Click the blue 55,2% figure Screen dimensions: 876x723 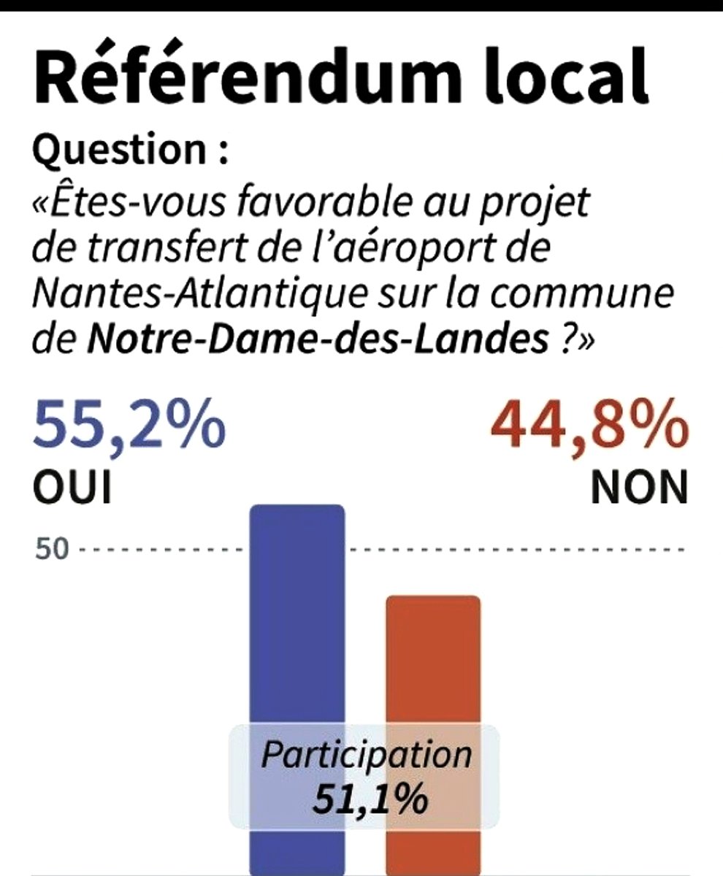(x=128, y=427)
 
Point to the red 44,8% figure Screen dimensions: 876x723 (x=589, y=427)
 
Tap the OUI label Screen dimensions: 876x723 (x=72, y=487)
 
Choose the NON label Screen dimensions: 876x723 (x=639, y=487)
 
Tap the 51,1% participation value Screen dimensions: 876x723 (x=370, y=798)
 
